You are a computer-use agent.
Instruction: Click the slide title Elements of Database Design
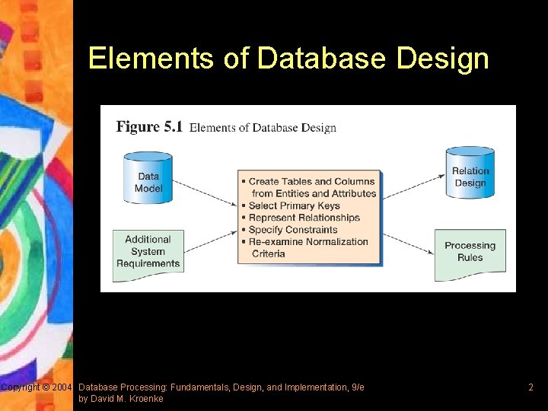288,59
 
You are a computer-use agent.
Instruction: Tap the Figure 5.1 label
149,127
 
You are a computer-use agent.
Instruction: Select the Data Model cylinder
148,179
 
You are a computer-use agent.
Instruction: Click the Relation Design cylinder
470,174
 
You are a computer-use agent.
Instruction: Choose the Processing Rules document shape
470,252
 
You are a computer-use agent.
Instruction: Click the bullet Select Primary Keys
294,205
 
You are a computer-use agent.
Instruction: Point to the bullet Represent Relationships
304,218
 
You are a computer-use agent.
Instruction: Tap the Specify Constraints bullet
293,230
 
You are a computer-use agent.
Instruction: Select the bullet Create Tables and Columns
311,182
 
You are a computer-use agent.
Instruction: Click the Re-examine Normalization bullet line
308,242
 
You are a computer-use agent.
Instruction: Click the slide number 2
530,387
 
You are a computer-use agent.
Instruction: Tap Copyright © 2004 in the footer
36,387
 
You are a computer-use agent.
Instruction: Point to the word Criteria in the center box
268,253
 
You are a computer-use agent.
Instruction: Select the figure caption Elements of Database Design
263,128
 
